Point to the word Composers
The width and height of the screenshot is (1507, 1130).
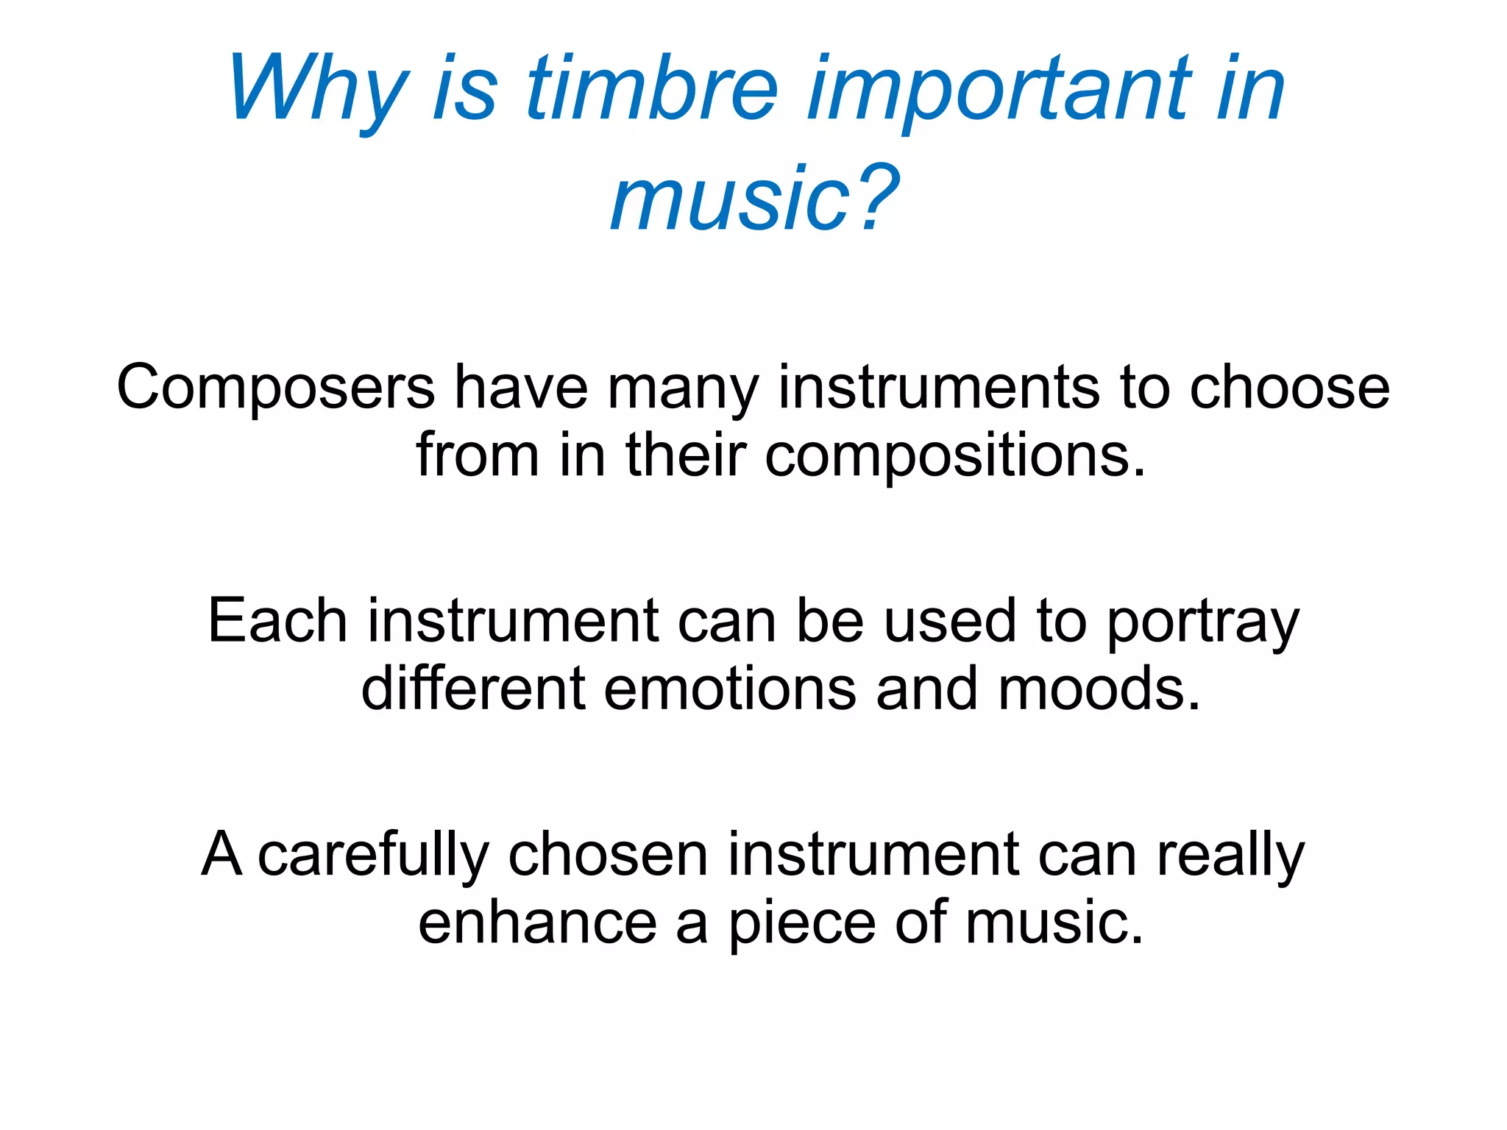click(x=276, y=388)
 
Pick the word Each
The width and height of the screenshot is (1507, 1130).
click(x=277, y=622)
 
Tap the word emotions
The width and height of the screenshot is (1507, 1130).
click(x=730, y=689)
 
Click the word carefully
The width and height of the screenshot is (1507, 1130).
click(x=373, y=856)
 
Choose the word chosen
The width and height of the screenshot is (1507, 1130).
click(x=608, y=856)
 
